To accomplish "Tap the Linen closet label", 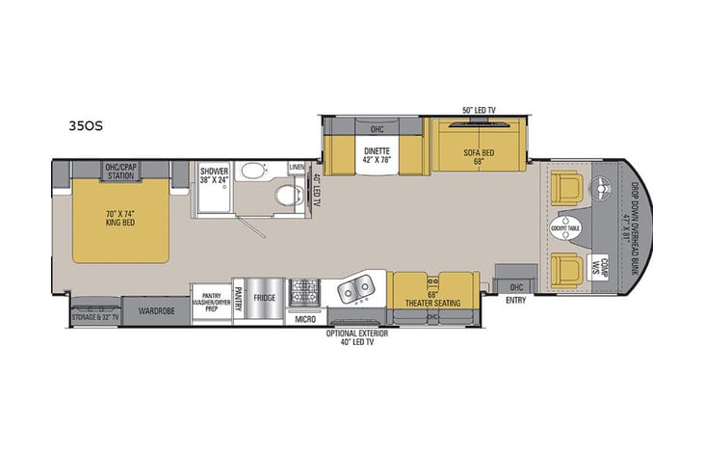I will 297,168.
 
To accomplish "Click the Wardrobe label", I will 154,311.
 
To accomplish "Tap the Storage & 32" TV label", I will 94,317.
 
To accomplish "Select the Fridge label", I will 264,299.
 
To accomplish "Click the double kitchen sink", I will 355,287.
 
